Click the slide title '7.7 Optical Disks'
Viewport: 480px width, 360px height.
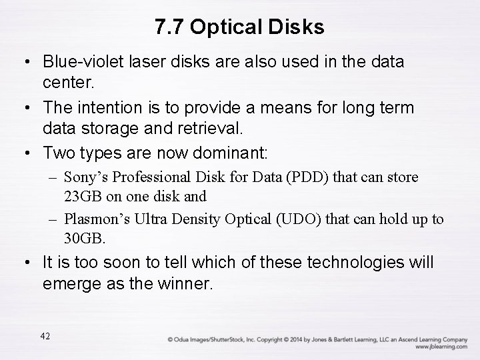(239, 27)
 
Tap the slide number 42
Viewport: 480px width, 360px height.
(45, 336)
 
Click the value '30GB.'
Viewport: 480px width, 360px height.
(83, 238)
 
